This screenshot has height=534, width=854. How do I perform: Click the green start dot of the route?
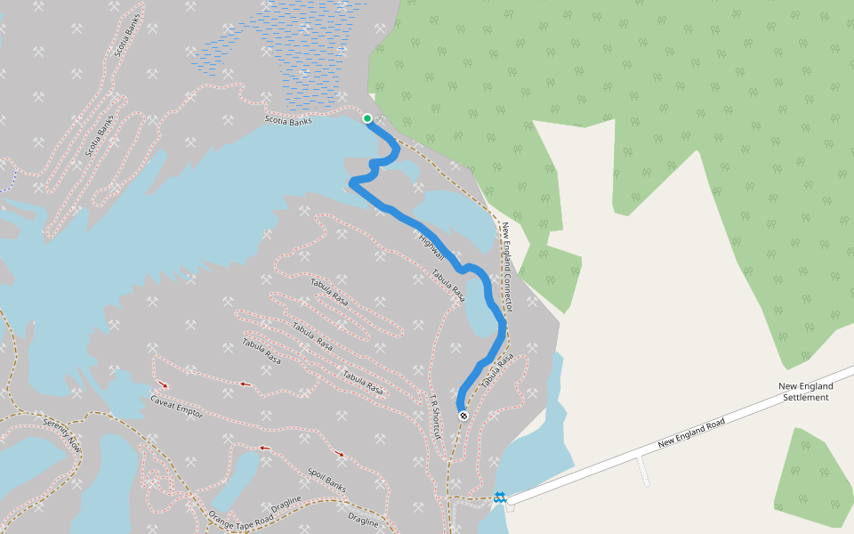367,117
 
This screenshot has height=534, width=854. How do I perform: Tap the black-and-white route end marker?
463,415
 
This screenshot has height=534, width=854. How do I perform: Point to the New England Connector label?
506,266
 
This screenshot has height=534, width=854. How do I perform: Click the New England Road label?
691,433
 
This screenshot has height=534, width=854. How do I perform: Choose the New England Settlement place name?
805,392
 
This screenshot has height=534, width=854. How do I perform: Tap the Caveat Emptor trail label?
176,409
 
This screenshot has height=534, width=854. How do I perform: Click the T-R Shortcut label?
435,417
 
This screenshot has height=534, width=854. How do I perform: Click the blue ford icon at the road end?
500,497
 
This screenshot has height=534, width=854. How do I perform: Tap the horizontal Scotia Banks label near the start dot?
288,120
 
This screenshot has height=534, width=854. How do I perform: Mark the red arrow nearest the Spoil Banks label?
339,455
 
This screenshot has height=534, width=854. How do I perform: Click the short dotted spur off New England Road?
644,471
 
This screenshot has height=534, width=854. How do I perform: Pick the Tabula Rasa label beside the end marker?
497,370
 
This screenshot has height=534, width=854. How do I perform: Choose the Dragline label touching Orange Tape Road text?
286,504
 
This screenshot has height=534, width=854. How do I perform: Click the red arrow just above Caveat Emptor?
163,384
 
